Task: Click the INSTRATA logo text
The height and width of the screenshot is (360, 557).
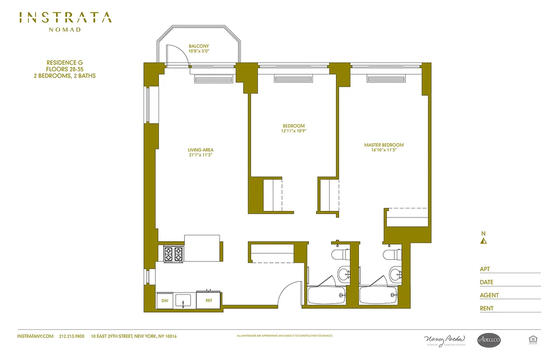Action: tap(65, 18)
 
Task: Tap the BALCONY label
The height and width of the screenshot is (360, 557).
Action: tap(199, 46)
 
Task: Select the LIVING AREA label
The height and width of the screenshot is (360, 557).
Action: tap(201, 150)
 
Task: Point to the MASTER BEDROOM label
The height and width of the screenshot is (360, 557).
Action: tap(384, 145)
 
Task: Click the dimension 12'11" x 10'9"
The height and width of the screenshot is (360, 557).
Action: tap(294, 131)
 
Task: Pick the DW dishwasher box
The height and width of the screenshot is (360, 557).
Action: tap(164, 301)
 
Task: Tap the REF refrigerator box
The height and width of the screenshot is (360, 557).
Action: tap(209, 301)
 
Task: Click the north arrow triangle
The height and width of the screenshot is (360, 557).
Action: tap(484, 241)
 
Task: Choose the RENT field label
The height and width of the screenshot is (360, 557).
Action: tap(487, 308)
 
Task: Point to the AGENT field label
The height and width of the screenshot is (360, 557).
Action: tap(489, 295)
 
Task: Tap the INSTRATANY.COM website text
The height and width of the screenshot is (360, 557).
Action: tap(35, 336)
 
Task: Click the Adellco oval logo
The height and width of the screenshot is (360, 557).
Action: tap(489, 340)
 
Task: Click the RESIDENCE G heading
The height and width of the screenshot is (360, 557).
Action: tap(65, 63)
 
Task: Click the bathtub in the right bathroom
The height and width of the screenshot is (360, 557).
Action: tap(378, 296)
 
